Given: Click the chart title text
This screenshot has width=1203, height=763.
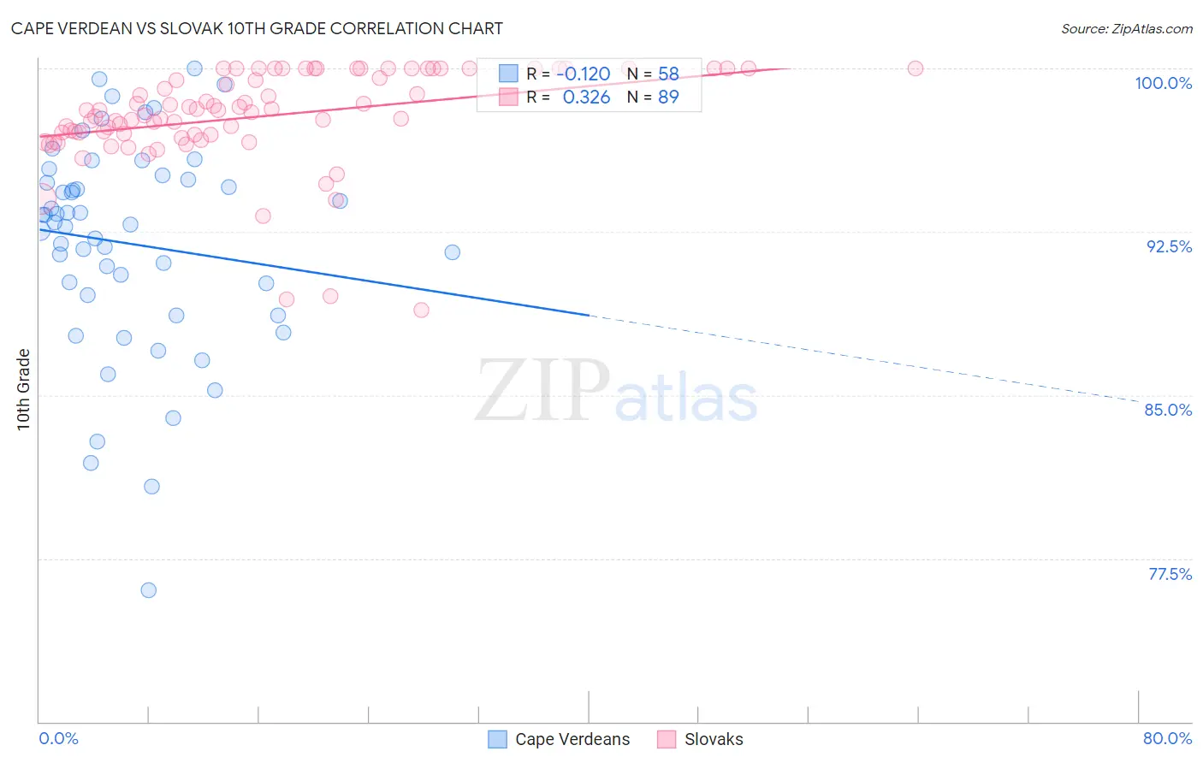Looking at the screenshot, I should [257, 28].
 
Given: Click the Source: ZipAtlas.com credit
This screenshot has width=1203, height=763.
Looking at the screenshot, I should [1126, 28].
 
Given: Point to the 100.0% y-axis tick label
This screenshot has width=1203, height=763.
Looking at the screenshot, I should [1163, 83].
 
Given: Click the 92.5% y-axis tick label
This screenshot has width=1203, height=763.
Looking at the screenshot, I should [1169, 246].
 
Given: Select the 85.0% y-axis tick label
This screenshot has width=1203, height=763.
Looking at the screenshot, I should [1168, 410].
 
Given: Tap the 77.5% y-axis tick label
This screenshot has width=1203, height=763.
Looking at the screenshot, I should [1170, 574].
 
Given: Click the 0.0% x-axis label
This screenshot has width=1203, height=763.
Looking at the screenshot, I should [58, 738].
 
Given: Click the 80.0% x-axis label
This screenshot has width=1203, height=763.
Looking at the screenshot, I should [1167, 738].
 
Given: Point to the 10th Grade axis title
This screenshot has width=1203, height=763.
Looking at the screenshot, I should [23, 389].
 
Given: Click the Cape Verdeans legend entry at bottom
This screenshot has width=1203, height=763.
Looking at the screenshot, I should [572, 739].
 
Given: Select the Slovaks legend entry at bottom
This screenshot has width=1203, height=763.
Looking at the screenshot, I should [714, 739].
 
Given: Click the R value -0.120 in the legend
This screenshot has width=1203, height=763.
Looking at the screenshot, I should [583, 74].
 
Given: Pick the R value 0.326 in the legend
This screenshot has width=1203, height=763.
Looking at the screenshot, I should [586, 97].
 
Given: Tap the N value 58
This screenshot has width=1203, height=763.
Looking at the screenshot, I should [668, 74].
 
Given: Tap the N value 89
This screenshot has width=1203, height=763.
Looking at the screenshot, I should [668, 97].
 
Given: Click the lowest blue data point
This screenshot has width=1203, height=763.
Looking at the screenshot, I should [149, 590].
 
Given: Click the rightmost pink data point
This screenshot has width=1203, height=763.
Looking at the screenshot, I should [916, 68].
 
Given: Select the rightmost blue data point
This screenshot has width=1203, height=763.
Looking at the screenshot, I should [453, 252].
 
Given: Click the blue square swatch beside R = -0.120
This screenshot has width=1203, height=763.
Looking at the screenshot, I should [509, 74].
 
